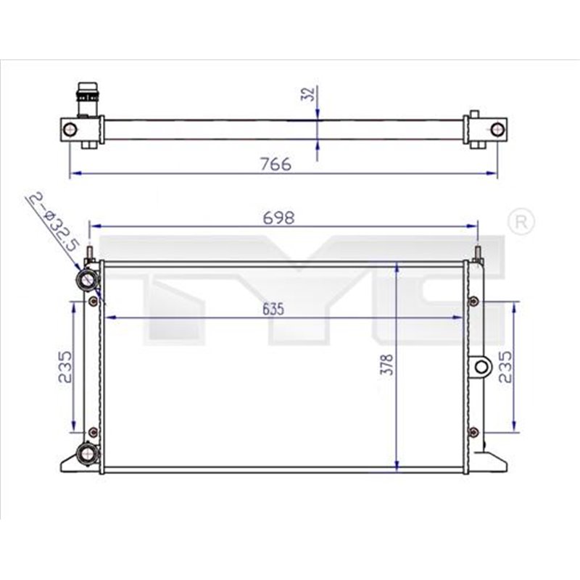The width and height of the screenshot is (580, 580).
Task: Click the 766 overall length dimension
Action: tap(275, 164)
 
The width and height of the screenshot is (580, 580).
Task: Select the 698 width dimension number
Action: tap(280, 217)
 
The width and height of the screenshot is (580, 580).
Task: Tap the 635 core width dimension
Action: tap(273, 309)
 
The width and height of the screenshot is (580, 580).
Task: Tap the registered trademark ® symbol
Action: tap(521, 222)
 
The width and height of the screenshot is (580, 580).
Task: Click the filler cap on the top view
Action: tap(86, 97)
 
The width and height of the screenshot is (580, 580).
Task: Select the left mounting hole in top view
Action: tap(70, 129)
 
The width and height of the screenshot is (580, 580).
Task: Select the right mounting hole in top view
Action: tap(497, 129)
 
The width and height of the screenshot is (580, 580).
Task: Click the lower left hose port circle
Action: tap(86, 455)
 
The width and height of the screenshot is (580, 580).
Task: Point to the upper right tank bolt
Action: tap(473, 301)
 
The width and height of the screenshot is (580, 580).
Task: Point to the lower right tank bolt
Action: tap(473, 432)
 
